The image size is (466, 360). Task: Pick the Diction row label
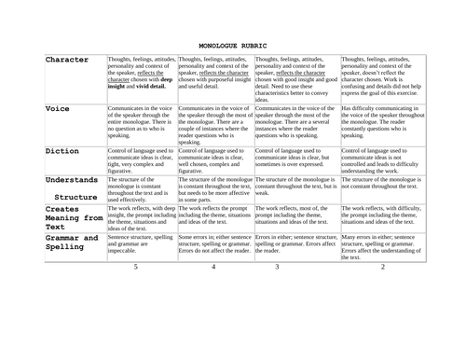(62, 150)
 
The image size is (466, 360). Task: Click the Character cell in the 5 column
(141, 76)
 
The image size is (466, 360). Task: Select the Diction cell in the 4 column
(213, 159)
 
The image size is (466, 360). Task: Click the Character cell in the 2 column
(382, 76)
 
